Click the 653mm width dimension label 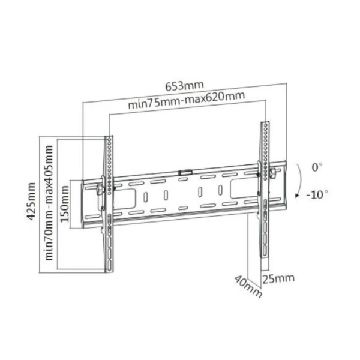click(185, 86)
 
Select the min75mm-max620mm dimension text click(186, 100)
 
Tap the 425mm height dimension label click(31, 202)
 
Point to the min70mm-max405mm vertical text click(49, 203)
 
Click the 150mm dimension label click(65, 204)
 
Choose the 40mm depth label click(248, 286)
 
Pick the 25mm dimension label click(278, 278)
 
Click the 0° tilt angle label click(317, 167)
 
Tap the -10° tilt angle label click(317, 194)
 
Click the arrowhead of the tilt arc click(297, 196)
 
